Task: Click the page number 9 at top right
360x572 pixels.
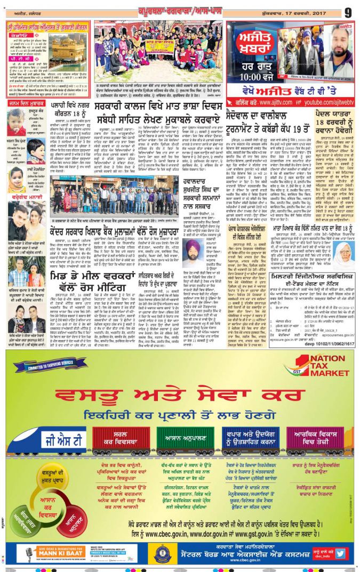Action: click(x=347, y=11)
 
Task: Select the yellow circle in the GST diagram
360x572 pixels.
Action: click(x=51, y=477)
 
